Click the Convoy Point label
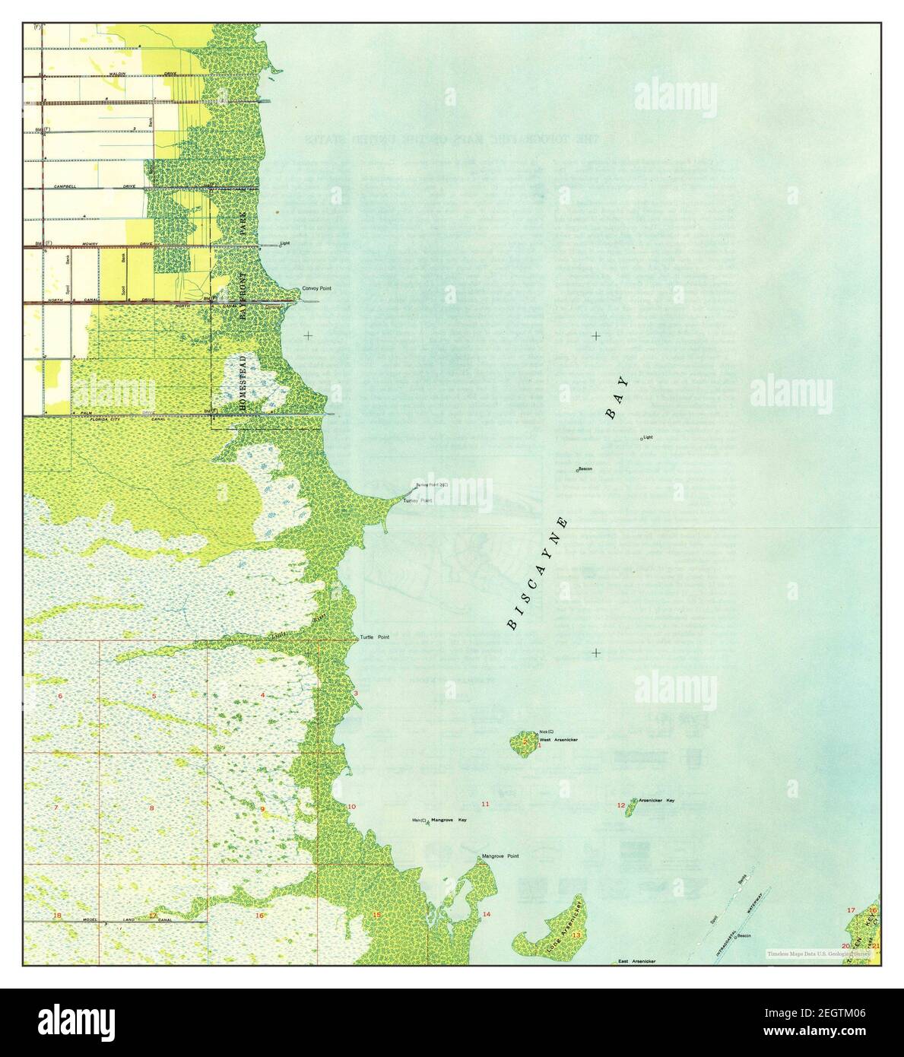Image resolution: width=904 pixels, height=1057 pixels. [316, 289]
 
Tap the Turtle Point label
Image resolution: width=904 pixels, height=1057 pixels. [374, 637]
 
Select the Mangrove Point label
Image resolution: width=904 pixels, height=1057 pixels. [500, 857]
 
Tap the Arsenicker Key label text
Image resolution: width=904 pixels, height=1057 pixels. [656, 801]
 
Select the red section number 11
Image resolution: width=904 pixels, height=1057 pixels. [485, 804]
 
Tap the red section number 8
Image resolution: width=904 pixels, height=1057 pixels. [151, 808]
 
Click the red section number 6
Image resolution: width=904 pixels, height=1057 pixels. [59, 697]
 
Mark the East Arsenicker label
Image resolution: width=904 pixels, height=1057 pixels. [636, 961]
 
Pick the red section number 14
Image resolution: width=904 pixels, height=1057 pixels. [486, 914]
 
